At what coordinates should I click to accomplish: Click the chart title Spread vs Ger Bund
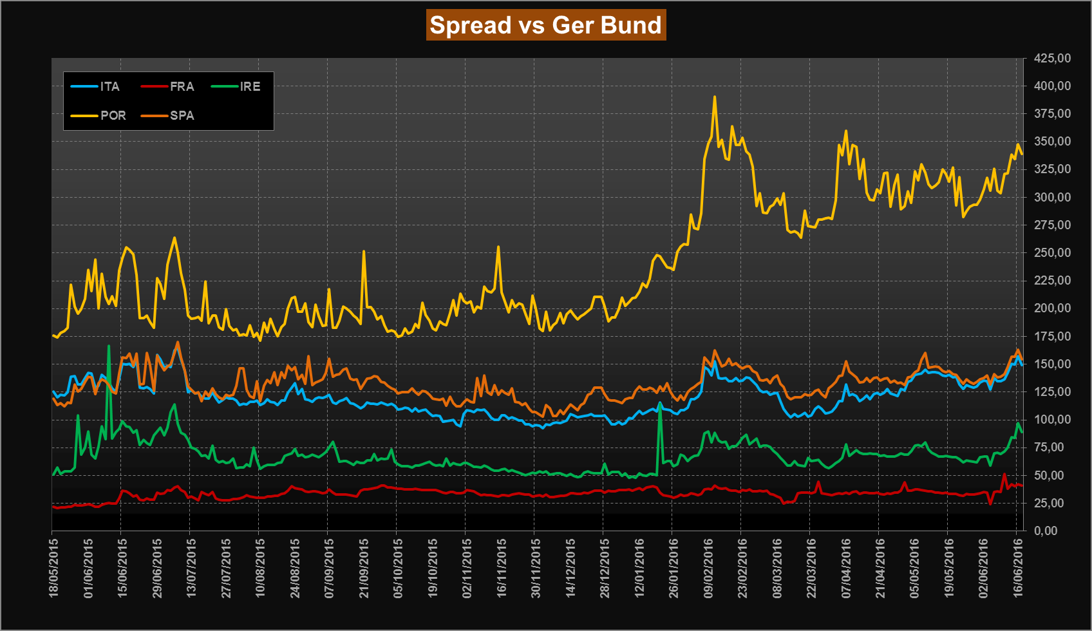tap(545, 25)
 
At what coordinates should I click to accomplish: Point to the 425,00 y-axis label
tap(1052, 59)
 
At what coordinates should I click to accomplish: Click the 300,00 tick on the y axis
tap(1052, 197)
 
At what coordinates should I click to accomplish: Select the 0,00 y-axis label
tap(1046, 531)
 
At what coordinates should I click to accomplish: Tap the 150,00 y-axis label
tap(1052, 364)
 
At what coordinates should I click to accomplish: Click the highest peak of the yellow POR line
tap(715, 97)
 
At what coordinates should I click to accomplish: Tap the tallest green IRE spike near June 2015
tap(109, 346)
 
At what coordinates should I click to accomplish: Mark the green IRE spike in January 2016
tap(660, 403)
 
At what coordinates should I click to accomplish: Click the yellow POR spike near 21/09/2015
tap(364, 252)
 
